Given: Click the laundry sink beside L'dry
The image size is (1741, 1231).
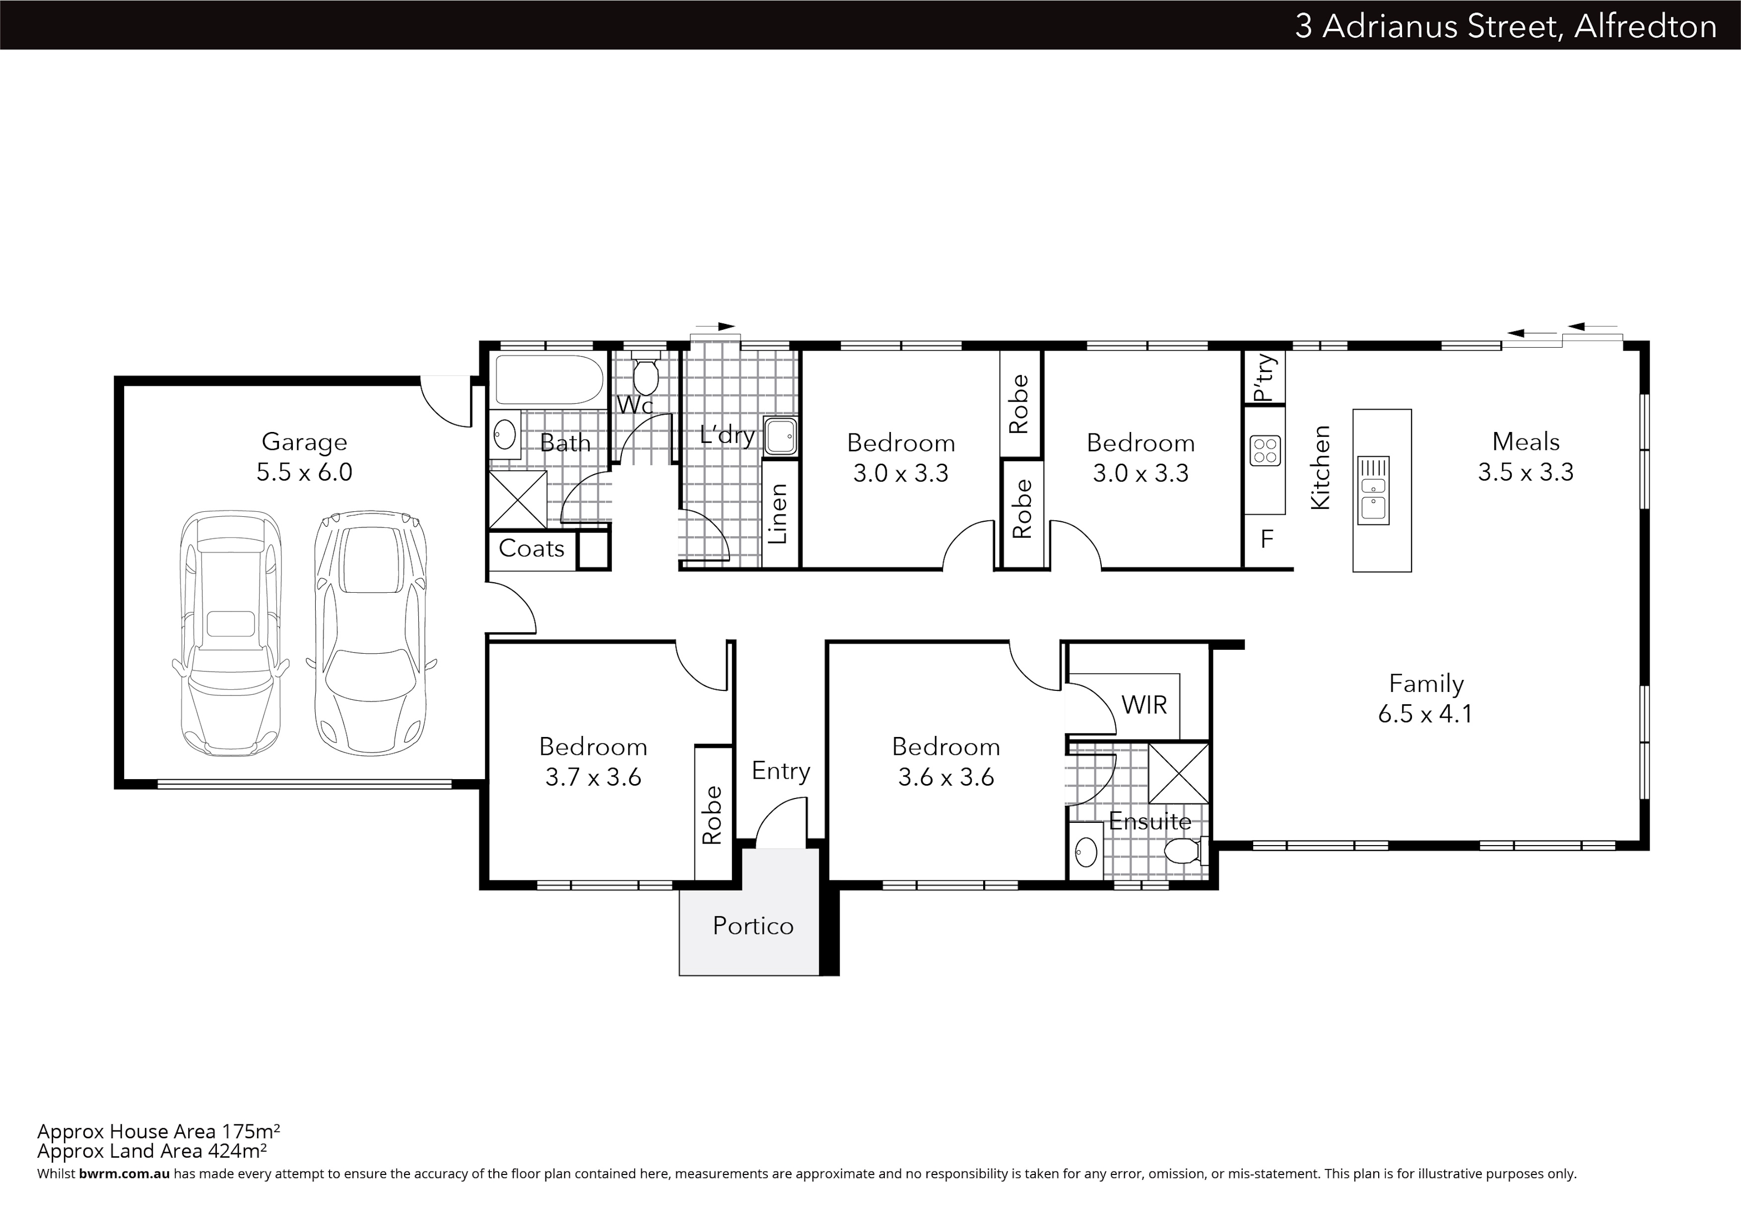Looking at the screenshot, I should pos(780,436).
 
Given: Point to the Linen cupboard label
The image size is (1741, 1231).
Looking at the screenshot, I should pos(779,514).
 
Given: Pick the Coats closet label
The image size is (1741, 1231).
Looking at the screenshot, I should pos(532,549).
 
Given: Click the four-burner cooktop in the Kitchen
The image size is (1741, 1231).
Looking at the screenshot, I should pos(1265,449).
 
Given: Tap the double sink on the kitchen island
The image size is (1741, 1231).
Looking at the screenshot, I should pos(1373,491).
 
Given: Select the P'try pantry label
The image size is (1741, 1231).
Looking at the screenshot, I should pos(1264,377).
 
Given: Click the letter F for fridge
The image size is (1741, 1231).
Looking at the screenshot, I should pos(1267,539).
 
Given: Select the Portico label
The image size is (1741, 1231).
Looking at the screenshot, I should pos(753,925).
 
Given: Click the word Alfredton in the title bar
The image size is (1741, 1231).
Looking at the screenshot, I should pos(1645,26).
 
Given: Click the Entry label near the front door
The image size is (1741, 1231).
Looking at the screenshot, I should pos(781,771).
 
